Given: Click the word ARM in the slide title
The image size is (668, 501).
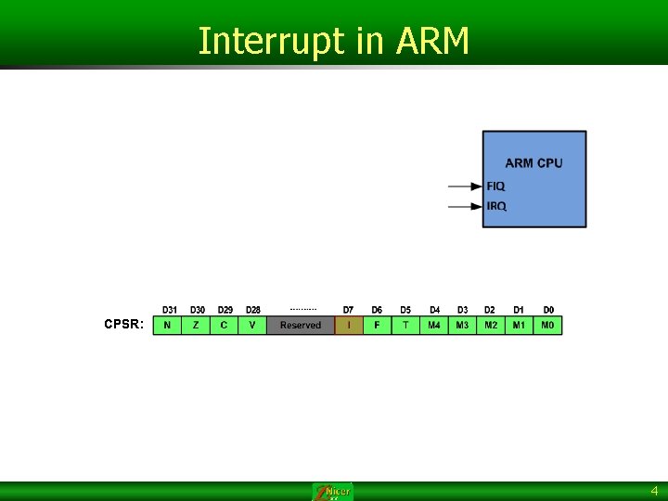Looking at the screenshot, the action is pyautogui.click(x=433, y=42).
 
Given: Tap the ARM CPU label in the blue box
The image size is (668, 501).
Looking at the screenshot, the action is pyautogui.click(x=533, y=163).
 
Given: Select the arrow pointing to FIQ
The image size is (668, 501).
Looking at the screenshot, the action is pyautogui.click(x=465, y=186).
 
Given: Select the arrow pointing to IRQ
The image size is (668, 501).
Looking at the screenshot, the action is pyautogui.click(x=465, y=206).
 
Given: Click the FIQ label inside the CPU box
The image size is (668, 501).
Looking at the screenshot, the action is pyautogui.click(x=496, y=186).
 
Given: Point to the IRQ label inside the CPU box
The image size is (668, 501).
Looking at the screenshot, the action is pyautogui.click(x=496, y=206).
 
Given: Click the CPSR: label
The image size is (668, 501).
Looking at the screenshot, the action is pyautogui.click(x=123, y=325).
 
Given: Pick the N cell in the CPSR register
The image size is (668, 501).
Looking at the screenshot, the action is pyautogui.click(x=167, y=326).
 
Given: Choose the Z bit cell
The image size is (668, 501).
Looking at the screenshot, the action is pyautogui.click(x=196, y=326).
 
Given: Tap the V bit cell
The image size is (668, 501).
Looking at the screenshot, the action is pyautogui.click(x=252, y=326).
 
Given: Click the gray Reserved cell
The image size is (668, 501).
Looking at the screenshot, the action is pyautogui.click(x=301, y=326).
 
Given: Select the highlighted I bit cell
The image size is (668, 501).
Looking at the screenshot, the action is pyautogui.click(x=349, y=326).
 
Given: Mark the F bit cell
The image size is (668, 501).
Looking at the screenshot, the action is pyautogui.click(x=377, y=326).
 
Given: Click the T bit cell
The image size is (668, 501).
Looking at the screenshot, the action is pyautogui.click(x=405, y=326).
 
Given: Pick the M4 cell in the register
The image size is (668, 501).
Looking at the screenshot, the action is pyautogui.click(x=434, y=326).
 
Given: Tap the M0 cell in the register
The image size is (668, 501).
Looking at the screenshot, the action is pyautogui.click(x=547, y=326).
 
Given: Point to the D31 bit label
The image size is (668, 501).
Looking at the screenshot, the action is pyautogui.click(x=170, y=310).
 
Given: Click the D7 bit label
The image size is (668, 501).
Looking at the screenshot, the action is pyautogui.click(x=349, y=310).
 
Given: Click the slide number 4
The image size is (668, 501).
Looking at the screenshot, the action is pyautogui.click(x=654, y=491).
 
